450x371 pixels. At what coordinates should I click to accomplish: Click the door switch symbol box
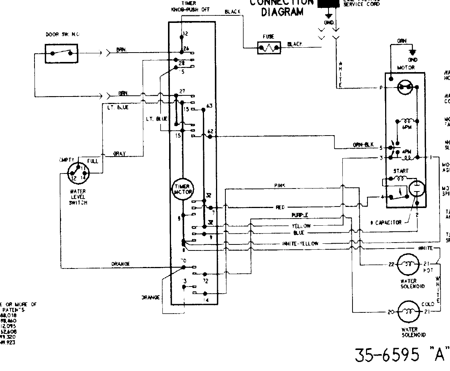tap(61, 53)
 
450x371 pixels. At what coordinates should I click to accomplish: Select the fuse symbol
tap(269, 48)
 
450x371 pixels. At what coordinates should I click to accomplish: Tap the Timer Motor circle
tap(183, 189)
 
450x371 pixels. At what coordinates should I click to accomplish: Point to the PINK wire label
tap(280, 185)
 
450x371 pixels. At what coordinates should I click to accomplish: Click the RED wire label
tap(280, 207)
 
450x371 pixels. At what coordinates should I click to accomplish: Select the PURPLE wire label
tap(300, 215)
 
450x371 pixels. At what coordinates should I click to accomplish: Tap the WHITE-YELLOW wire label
tap(300, 244)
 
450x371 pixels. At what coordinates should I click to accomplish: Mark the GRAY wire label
tap(120, 154)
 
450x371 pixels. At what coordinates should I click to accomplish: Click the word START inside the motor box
tap(400, 171)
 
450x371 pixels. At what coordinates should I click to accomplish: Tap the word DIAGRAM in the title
tap(282, 12)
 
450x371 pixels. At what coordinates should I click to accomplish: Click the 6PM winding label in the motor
tap(407, 128)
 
